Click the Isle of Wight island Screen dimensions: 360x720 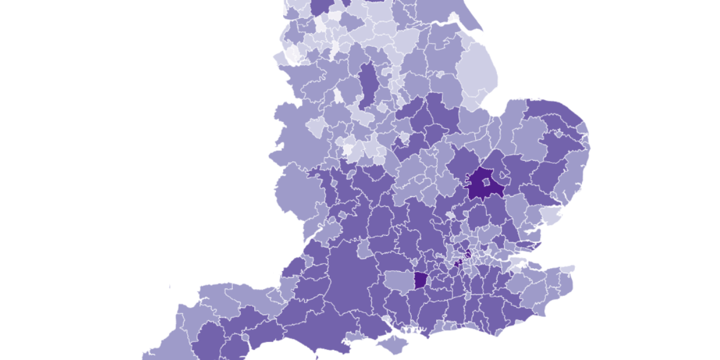395,344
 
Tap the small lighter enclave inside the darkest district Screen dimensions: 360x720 485,181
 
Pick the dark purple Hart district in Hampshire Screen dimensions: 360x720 422,280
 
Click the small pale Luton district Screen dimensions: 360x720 449,214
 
